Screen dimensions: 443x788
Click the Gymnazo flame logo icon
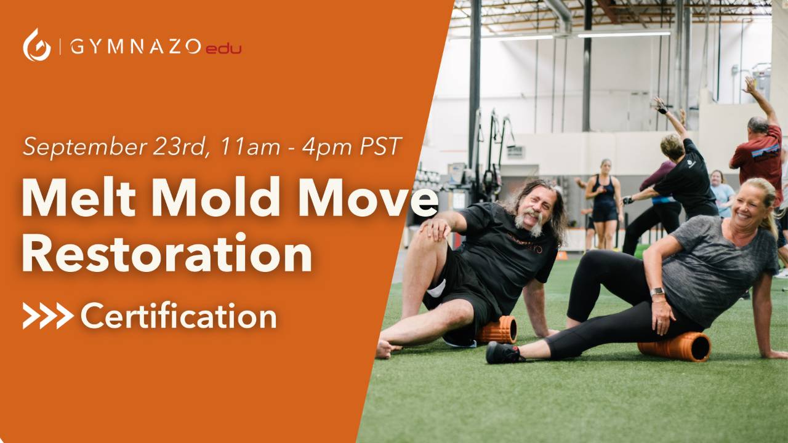[37, 46]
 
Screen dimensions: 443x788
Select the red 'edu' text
[223, 48]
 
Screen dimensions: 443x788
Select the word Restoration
[166, 253]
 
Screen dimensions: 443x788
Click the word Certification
[179, 316]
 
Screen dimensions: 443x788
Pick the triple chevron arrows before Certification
[48, 316]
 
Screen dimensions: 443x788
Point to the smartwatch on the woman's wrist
[657, 292]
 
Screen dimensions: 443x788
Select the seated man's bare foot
[387, 349]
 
